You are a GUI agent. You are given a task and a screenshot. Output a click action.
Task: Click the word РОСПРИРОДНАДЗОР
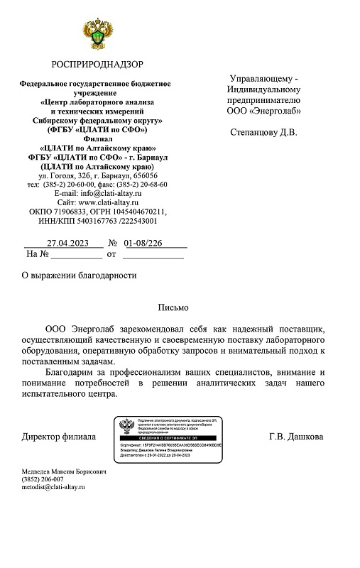point(97,65)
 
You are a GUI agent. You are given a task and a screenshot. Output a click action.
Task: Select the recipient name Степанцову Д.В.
point(264,133)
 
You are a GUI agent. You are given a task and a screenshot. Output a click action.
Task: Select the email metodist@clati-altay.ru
point(53,488)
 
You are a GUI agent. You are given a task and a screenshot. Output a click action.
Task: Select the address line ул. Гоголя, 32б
point(72,175)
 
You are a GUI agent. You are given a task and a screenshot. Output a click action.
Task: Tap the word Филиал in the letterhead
point(97,140)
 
